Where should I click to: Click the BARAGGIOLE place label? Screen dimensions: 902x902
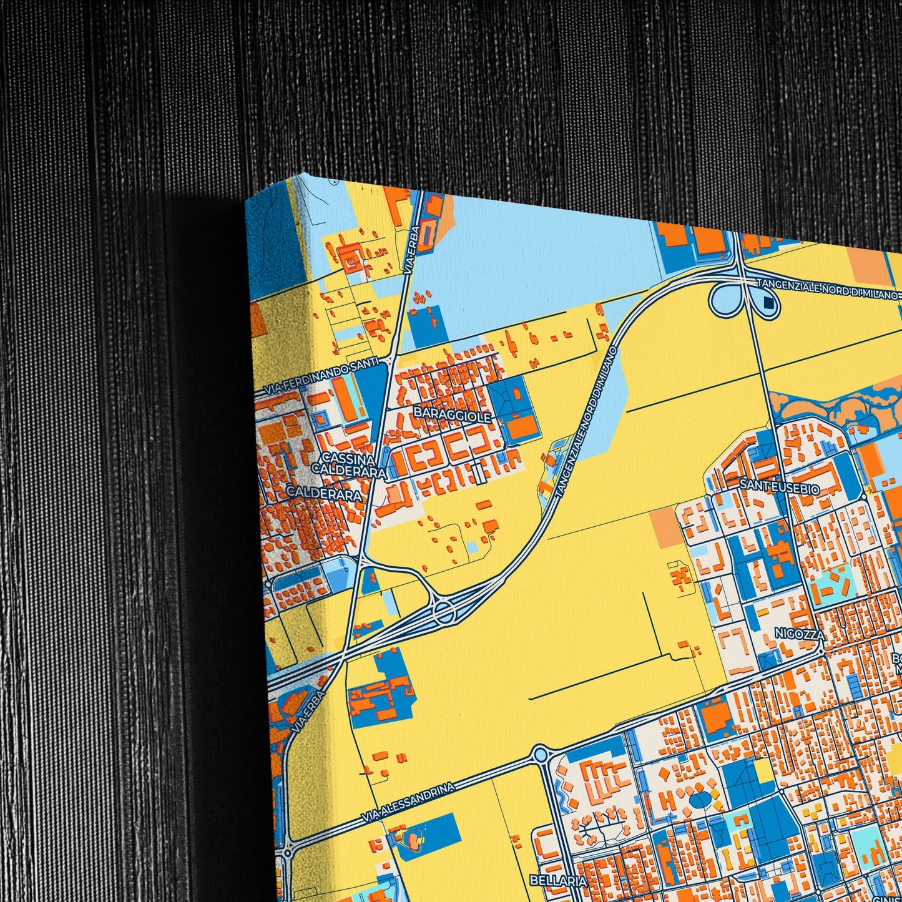[452, 415]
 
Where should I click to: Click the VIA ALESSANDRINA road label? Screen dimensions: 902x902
[408, 802]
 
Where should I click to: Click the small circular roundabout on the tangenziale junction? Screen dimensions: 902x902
[444, 611]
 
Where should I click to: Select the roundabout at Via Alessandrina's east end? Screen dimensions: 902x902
[540, 755]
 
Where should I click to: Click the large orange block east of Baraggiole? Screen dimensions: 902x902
[522, 426]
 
